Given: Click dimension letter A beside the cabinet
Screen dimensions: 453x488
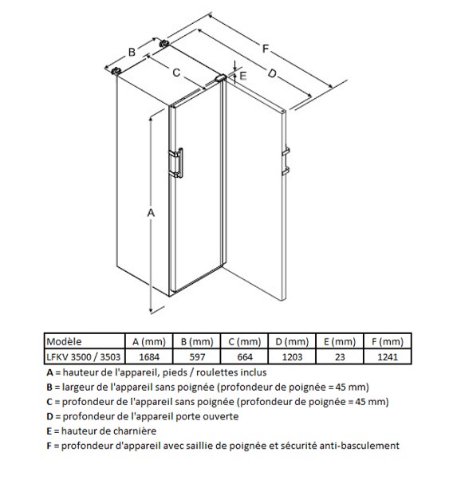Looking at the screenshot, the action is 151,213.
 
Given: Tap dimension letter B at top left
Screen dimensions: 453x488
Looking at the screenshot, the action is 132,52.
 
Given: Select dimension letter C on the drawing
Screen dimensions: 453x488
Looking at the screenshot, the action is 176,73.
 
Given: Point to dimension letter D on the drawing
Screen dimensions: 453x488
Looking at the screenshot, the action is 272,73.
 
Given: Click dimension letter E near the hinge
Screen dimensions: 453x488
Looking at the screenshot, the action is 242,76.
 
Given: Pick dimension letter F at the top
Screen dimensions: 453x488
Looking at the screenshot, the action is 265,49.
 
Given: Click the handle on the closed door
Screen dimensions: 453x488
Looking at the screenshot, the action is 176,163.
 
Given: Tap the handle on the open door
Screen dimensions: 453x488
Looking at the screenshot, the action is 286,161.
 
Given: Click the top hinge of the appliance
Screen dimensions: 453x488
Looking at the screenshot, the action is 220,77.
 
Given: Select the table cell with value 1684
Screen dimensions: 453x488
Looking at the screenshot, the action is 149,356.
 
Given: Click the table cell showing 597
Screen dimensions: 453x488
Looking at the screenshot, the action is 197,356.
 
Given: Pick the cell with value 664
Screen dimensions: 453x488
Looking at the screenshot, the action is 245,356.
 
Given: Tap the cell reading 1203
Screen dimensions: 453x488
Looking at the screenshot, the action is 293,356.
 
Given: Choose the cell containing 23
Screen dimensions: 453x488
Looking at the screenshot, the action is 340,356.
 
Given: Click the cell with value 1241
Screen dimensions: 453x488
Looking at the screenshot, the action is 388,356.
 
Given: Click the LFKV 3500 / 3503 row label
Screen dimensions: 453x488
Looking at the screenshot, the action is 85,356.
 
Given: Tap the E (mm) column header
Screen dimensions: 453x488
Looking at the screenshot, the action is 340,341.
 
